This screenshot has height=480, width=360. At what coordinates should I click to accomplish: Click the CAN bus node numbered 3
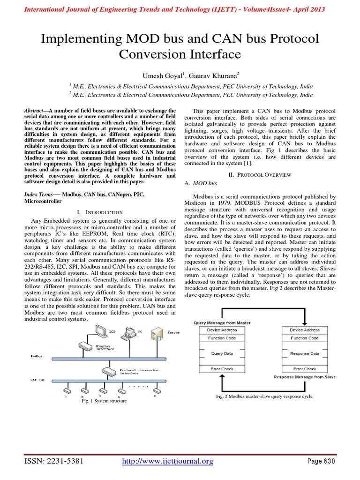click(99, 390)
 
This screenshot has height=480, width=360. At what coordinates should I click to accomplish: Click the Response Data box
click(305, 353)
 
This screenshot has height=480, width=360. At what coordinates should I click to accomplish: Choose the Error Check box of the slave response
click(305, 369)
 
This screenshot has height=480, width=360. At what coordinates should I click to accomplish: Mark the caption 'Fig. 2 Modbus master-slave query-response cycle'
click(264, 397)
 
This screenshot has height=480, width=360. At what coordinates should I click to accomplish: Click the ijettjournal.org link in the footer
click(167, 462)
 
